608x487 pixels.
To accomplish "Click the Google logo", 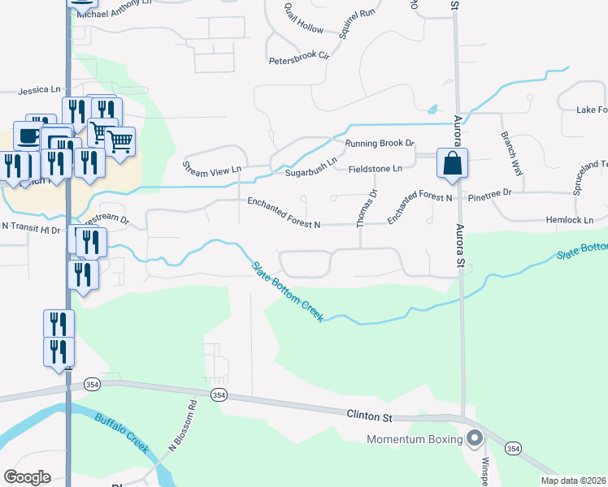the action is [27, 476].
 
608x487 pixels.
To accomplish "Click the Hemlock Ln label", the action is [570, 220].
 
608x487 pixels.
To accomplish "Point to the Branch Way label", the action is [511, 153].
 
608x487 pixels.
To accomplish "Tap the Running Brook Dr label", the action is [380, 144].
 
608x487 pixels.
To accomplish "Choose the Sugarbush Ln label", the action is [310, 173].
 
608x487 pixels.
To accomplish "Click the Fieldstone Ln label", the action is [376, 168].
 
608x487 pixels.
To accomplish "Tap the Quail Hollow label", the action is [303, 19].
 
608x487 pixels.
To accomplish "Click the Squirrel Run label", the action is [358, 24].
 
